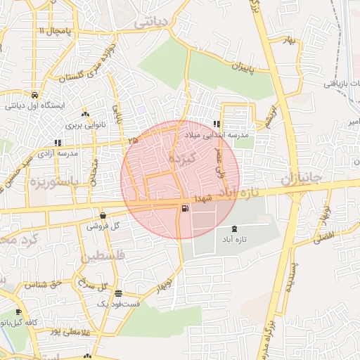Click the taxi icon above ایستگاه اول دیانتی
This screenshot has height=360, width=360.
click(34, 95)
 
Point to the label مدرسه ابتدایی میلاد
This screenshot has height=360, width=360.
click(212, 134)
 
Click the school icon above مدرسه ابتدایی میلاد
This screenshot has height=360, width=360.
click(217, 124)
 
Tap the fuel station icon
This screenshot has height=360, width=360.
click(185, 208)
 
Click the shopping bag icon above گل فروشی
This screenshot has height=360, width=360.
click(103, 217)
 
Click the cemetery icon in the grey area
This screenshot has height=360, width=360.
click(235, 229)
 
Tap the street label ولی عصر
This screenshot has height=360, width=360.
click(221, 160)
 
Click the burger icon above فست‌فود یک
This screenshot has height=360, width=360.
click(118, 294)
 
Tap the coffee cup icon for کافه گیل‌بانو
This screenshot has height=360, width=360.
click(19, 312)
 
